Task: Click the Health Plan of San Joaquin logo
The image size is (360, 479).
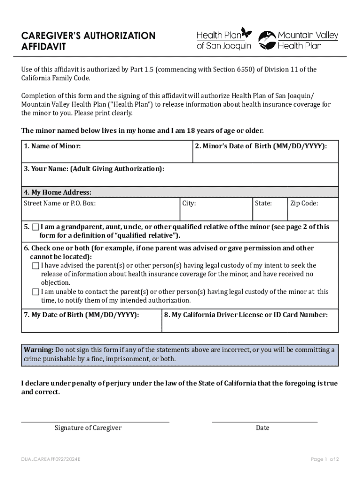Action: [224, 39]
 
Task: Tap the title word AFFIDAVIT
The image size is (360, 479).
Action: [43, 47]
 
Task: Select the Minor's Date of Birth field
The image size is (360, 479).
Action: [265, 155]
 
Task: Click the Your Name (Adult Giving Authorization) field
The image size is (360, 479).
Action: [180, 178]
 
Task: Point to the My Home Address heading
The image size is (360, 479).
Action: [58, 192]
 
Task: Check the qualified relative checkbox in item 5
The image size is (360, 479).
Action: [36, 227]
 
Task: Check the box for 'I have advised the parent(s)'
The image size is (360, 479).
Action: [36, 266]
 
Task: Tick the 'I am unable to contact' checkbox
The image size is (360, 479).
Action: [36, 292]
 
